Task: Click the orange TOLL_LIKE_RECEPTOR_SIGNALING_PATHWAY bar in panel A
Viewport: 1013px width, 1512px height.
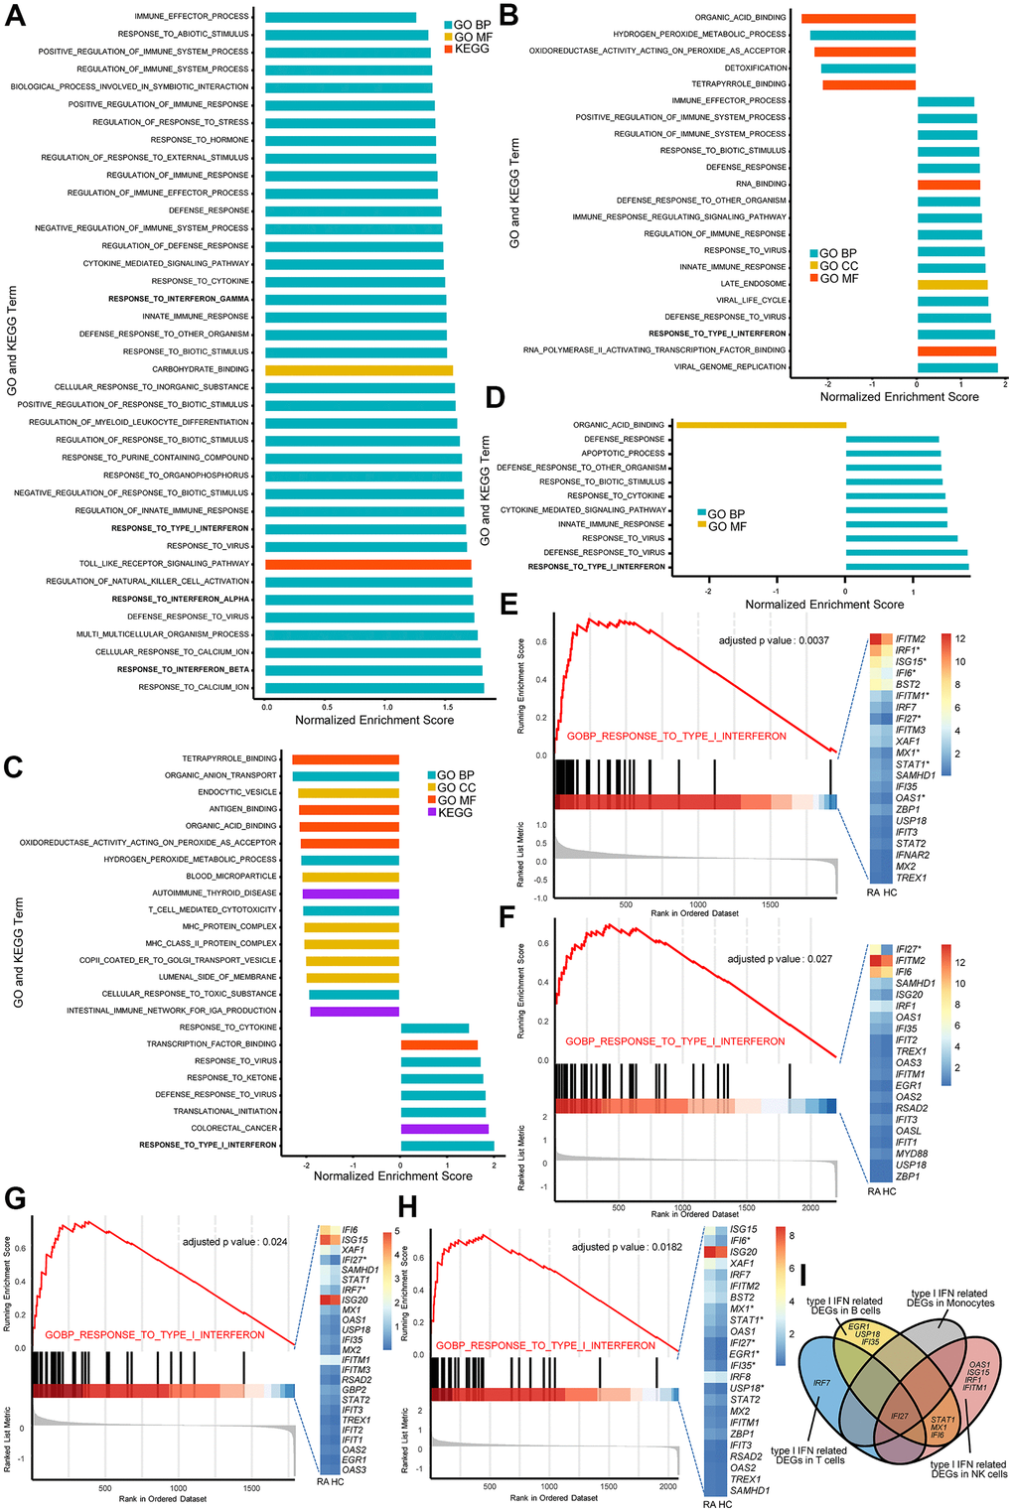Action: click(x=367, y=564)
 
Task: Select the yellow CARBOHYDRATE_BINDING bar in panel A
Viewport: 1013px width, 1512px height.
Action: click(x=359, y=369)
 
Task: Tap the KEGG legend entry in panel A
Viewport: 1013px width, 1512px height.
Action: click(x=472, y=49)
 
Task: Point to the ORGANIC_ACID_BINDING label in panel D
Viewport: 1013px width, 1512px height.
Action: click(x=618, y=425)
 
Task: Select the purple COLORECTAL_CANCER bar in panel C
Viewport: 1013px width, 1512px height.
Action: click(x=444, y=1129)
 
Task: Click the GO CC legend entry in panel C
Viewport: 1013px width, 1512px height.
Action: click(x=457, y=787)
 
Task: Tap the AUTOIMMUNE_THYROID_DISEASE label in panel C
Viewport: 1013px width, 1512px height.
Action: click(x=214, y=893)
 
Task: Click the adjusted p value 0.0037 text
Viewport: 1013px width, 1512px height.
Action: click(x=773, y=640)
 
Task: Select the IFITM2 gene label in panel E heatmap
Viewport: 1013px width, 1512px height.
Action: click(x=910, y=639)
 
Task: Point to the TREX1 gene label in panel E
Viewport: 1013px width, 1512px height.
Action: click(x=911, y=878)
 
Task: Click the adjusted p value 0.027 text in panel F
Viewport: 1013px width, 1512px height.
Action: click(x=780, y=959)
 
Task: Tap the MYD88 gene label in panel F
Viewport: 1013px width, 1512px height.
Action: click(x=911, y=1154)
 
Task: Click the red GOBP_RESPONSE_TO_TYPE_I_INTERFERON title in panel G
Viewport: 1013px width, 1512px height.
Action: click(x=154, y=1335)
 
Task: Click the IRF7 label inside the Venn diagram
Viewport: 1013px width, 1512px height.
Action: click(x=821, y=1383)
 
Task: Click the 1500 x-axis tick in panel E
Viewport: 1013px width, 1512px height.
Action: click(x=770, y=904)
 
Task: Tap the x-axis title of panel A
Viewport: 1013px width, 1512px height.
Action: click(x=374, y=720)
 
